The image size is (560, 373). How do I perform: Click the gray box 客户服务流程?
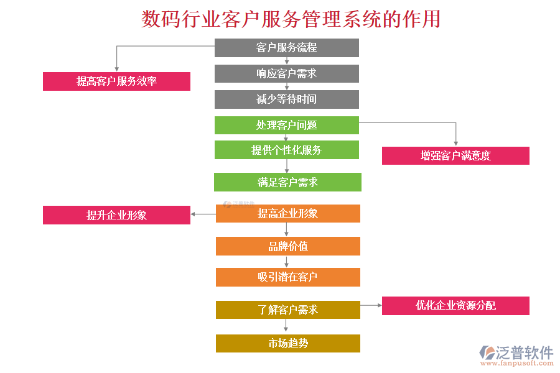(287, 48)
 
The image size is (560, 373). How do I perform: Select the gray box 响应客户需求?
(287, 73)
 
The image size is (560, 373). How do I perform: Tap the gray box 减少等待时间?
(287, 99)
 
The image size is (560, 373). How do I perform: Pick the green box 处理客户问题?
(287, 125)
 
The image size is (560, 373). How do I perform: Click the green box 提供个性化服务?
(287, 150)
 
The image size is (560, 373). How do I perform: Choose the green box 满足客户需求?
(287, 182)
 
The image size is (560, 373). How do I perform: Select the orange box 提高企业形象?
(288, 214)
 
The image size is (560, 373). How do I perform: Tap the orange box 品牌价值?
(288, 246)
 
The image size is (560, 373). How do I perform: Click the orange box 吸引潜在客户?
(288, 277)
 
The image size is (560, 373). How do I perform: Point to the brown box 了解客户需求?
(288, 310)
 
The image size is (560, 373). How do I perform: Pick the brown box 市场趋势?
(288, 343)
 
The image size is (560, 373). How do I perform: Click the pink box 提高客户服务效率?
(116, 81)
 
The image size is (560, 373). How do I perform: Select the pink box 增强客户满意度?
(455, 155)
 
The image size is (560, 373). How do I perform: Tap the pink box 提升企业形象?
(116, 215)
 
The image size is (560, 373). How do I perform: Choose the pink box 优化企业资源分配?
(455, 306)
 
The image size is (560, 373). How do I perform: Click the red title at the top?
(291, 19)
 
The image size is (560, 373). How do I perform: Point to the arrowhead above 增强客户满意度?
(455, 143)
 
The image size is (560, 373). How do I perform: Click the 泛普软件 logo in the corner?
(516, 354)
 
